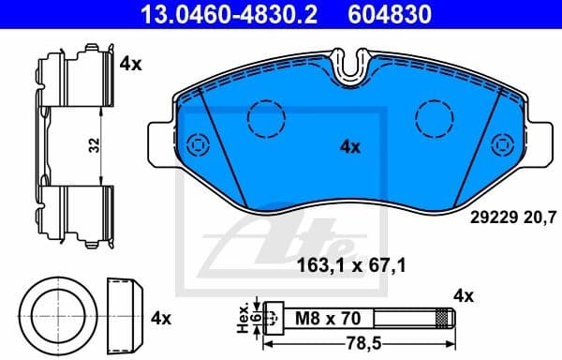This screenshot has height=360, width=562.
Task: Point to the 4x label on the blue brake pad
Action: pos(349,146)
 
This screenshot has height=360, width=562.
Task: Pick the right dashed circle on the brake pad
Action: pos(434,116)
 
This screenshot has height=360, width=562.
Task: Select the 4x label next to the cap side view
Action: pos(161,317)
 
